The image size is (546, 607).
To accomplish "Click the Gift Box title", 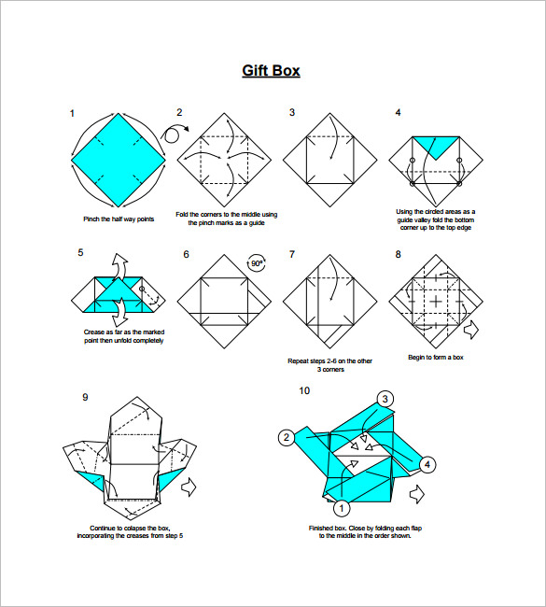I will click(271, 71).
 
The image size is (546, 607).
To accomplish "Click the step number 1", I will click(72, 113).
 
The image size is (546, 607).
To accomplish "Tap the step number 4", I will click(398, 113).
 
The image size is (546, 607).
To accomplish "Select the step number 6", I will click(186, 254).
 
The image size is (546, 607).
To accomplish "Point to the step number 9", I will click(85, 397).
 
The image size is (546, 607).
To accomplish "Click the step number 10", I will click(304, 390).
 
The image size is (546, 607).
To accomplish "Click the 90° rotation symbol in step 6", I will click(256, 264).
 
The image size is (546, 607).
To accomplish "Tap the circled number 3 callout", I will click(385, 400).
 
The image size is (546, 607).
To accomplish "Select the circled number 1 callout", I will click(341, 508).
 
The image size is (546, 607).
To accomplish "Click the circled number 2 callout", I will click(287, 437).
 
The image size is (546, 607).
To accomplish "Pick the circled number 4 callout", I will click(427, 464).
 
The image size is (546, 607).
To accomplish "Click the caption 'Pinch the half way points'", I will click(119, 219).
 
